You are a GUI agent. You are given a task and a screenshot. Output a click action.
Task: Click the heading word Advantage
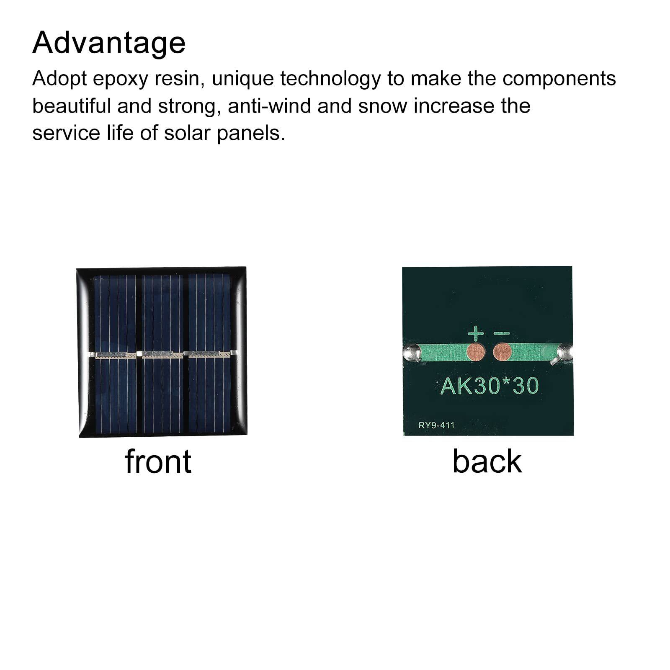tap(109, 43)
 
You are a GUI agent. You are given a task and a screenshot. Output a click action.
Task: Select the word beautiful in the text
tap(71, 106)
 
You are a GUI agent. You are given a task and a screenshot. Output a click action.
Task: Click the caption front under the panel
tap(158, 461)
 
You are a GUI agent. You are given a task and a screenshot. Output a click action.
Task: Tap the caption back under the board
tap(487, 461)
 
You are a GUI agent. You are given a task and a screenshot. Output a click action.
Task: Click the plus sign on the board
tap(475, 334)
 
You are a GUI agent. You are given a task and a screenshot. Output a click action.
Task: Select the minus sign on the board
tap(502, 334)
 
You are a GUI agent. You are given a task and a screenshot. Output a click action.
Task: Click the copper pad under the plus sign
tap(476, 352)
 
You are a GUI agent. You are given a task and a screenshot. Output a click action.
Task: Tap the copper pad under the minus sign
tap(502, 352)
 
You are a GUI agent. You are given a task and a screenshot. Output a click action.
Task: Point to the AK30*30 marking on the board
tap(490, 386)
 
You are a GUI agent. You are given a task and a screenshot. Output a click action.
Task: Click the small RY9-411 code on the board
tap(436, 425)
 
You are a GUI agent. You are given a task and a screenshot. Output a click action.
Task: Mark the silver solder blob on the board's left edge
tap(412, 353)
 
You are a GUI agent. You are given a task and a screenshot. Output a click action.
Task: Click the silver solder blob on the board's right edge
tap(564, 353)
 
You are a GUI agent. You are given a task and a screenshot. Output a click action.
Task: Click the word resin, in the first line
tap(180, 79)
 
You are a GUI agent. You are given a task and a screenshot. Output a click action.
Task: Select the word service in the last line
tap(66, 134)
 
